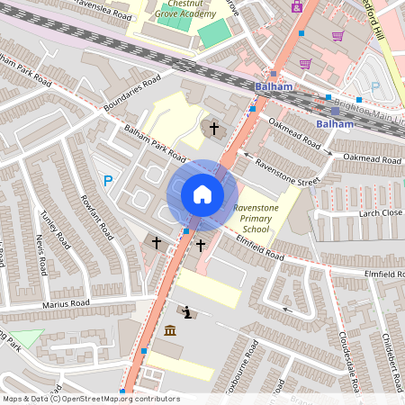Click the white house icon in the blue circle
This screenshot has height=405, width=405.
(202, 194)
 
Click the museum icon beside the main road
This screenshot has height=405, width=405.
(170, 330)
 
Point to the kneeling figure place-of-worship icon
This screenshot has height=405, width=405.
(186, 312)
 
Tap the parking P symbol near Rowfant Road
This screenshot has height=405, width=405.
(108, 181)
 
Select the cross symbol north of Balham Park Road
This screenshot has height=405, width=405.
(214, 129)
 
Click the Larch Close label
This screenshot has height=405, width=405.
(380, 213)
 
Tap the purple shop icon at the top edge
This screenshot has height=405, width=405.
(296, 5)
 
